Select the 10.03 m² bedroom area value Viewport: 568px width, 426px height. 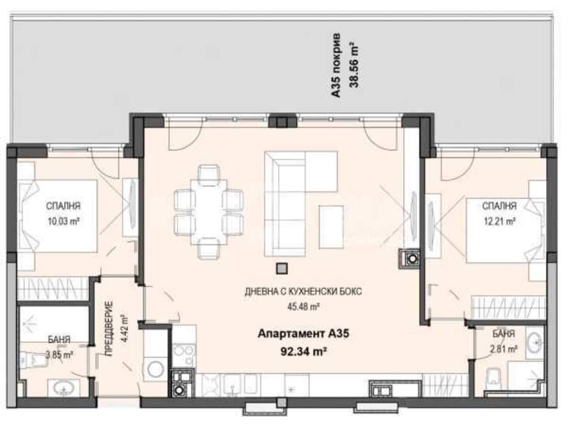coord(63,221)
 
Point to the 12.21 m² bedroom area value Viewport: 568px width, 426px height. coord(499,221)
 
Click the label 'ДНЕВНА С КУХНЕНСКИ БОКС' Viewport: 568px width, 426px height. coord(303,292)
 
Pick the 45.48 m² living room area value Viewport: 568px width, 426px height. coord(303,307)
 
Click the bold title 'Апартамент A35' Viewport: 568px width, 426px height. coord(303,334)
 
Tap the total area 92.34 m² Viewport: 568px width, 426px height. coord(303,351)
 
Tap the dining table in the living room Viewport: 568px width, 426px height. coord(209,212)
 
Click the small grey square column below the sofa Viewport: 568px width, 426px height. coord(282,269)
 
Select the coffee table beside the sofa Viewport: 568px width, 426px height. coord(331,227)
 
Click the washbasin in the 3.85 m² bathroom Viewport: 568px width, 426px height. coord(64,388)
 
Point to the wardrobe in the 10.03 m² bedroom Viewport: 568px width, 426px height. coord(53,289)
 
